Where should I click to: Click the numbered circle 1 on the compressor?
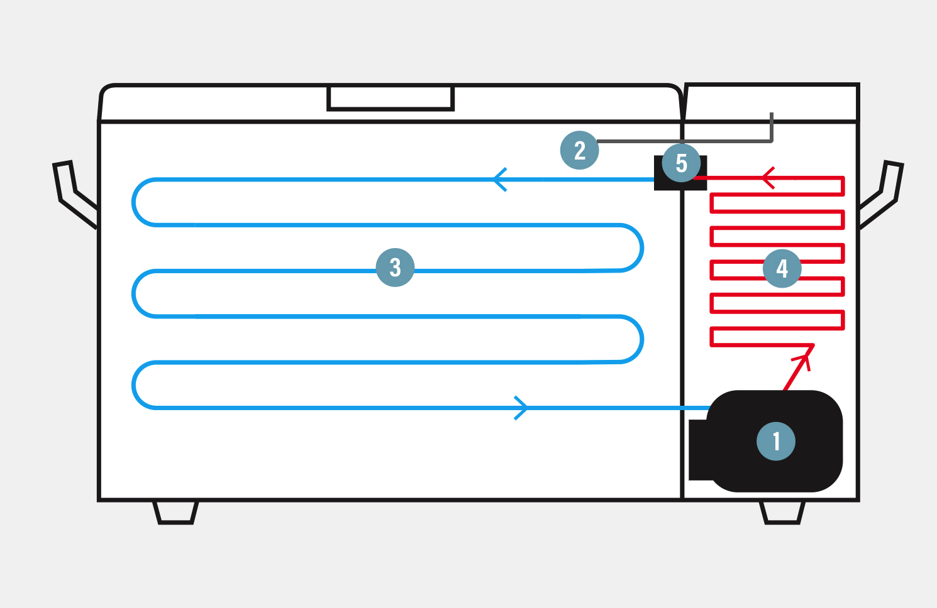[775, 441]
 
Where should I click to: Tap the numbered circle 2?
[579, 150]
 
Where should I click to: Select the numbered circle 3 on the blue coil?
[395, 268]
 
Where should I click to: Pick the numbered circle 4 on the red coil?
[782, 268]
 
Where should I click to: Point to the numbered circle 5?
[681, 163]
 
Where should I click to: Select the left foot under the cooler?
[175, 512]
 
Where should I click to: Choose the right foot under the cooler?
[782, 512]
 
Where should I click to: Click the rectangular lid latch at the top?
[391, 99]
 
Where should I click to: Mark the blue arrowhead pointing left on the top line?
[500, 180]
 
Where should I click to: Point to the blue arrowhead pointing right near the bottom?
[521, 408]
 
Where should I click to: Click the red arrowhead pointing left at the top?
[768, 178]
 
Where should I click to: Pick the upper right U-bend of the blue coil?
[639, 248]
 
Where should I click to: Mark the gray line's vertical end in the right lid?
[772, 126]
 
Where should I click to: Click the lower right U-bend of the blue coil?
[639, 339]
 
